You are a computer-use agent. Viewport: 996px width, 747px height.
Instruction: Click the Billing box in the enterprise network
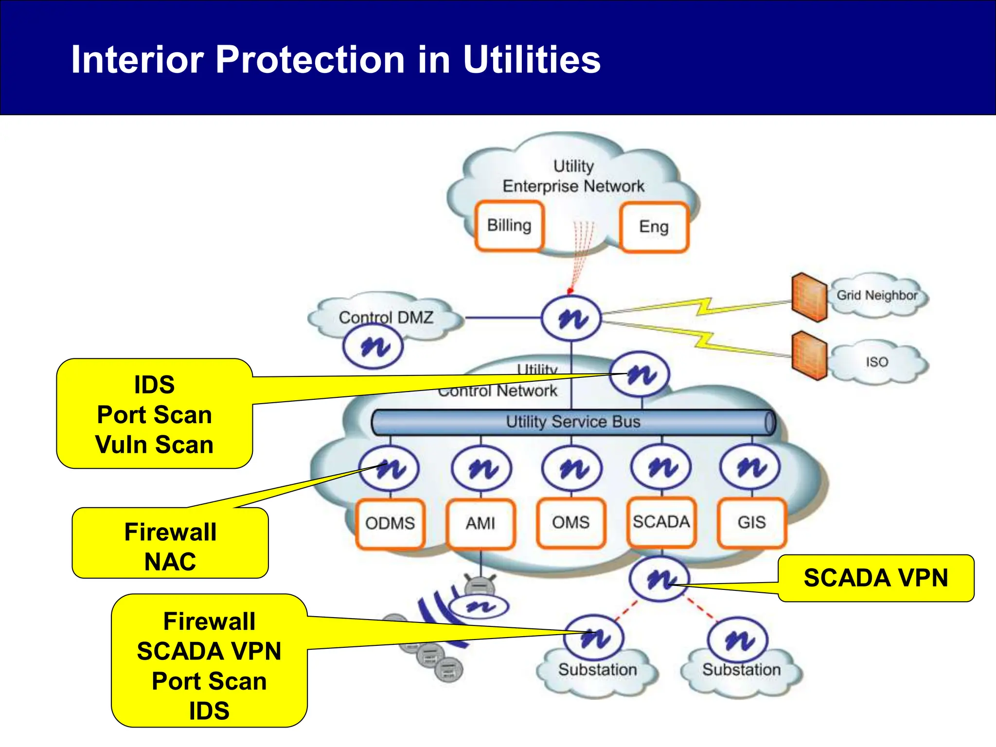[x=509, y=226]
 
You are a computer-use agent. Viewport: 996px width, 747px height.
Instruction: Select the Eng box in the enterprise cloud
[x=654, y=227]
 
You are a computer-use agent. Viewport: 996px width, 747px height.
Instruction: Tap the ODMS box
[x=390, y=523]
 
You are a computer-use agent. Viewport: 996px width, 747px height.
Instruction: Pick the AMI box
[x=480, y=523]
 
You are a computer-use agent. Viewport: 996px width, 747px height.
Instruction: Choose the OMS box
[x=571, y=522]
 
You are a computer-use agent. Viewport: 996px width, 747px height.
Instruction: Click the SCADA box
[x=661, y=522]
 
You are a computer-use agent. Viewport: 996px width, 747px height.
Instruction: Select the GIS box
[x=752, y=522]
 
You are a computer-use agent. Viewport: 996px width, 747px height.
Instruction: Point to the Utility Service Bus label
[x=573, y=422]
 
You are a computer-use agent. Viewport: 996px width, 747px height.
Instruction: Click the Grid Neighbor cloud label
[x=877, y=295]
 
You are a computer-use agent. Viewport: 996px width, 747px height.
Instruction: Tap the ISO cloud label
[x=877, y=362]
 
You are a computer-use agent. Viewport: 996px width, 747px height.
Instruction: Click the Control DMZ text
[x=386, y=318]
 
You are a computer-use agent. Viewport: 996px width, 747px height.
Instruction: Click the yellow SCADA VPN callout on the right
[x=876, y=578]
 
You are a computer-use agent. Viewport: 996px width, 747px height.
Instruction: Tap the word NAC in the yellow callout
[x=170, y=562]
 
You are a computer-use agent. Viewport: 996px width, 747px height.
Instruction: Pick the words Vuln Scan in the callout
[x=155, y=445]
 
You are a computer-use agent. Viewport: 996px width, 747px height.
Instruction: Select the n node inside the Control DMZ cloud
[x=373, y=346]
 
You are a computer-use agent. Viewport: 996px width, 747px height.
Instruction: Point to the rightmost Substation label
[x=741, y=670]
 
